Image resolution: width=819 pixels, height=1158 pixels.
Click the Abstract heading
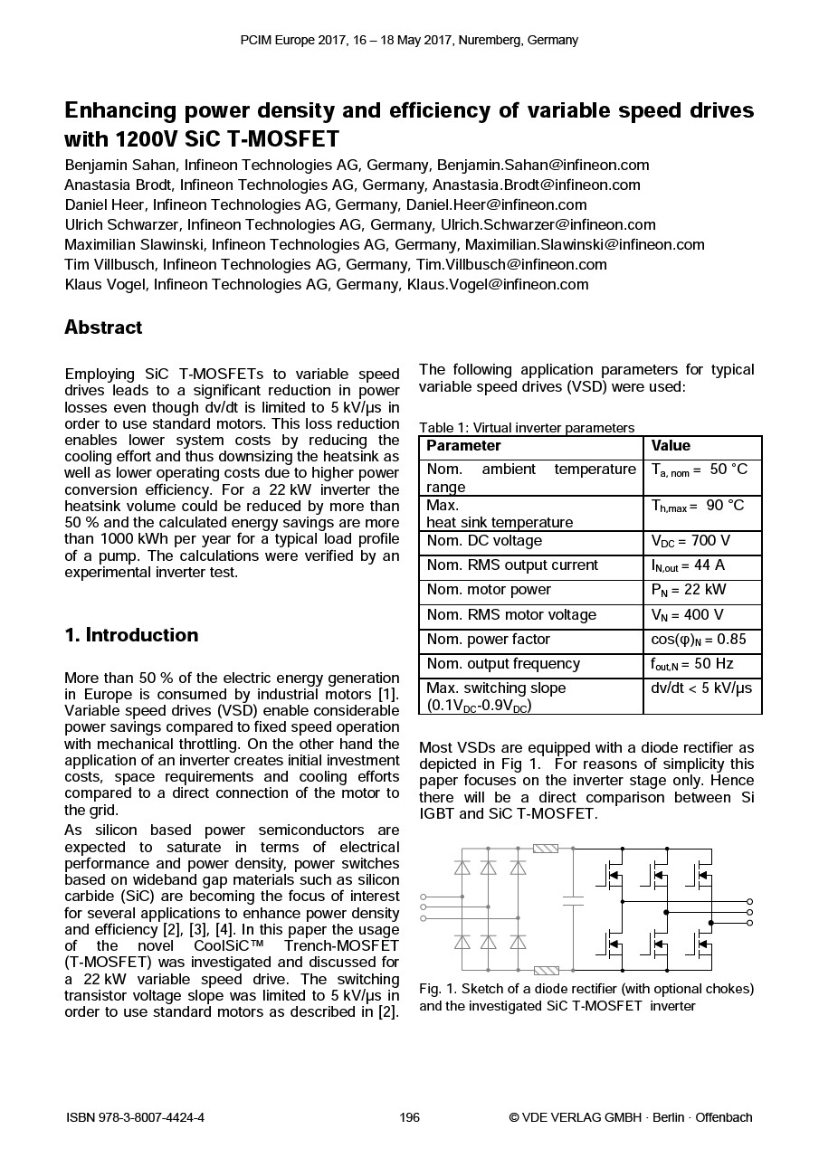pos(103,327)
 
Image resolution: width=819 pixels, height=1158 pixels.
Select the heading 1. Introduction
pos(131,635)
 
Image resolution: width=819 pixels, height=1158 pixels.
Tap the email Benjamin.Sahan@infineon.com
pos(543,166)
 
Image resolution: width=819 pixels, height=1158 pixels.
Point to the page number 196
pos(409,1118)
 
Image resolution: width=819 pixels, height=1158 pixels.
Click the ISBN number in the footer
pos(135,1118)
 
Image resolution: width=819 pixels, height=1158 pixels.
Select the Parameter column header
pos(463,446)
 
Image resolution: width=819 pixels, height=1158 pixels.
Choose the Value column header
pos(671,446)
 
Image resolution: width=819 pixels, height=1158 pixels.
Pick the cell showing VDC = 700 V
pos(690,542)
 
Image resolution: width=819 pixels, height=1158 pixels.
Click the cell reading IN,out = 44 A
pos(688,566)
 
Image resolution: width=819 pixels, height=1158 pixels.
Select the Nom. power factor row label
pos(488,640)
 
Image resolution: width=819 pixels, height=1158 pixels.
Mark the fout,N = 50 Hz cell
pos(691,664)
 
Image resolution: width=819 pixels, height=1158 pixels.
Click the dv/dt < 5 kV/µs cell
pos(700,688)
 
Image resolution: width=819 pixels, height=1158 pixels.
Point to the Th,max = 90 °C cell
pos(697,506)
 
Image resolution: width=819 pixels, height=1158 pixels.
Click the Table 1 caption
pos(527,428)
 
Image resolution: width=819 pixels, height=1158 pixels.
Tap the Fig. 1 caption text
pos(586,997)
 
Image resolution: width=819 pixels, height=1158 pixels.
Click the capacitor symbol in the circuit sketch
pos(573,900)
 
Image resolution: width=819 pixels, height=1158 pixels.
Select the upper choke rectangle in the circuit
pos(546,849)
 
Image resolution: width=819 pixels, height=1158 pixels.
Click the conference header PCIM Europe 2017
pos(409,40)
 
